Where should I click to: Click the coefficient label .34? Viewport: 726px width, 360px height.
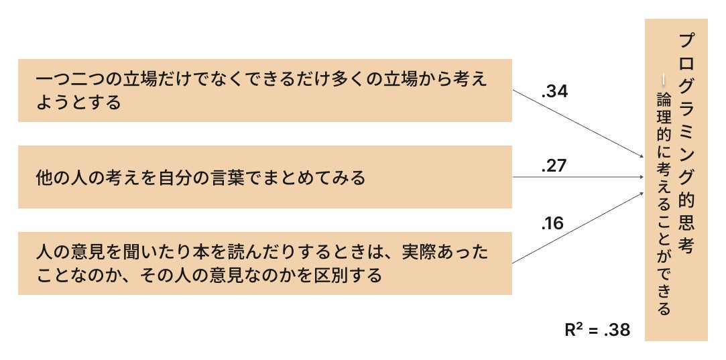point(554,92)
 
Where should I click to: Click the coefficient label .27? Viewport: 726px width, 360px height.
point(554,166)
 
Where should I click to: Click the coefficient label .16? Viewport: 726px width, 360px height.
point(552,224)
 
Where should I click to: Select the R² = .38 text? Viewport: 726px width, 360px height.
point(597,330)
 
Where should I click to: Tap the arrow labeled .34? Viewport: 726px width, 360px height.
point(577,125)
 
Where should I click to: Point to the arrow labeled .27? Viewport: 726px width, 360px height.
point(577,178)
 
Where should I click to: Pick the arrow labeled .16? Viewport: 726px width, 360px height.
point(577,228)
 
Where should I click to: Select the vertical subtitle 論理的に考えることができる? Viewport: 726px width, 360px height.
point(664,201)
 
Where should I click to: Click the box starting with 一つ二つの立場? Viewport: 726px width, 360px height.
point(265,91)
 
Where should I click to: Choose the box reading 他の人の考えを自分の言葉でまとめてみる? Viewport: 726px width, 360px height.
point(265,177)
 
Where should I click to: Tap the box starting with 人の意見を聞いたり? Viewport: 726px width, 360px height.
point(265,263)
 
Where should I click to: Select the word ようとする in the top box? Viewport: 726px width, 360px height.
point(78,103)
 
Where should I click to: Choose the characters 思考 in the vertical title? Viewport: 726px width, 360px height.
point(685,231)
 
